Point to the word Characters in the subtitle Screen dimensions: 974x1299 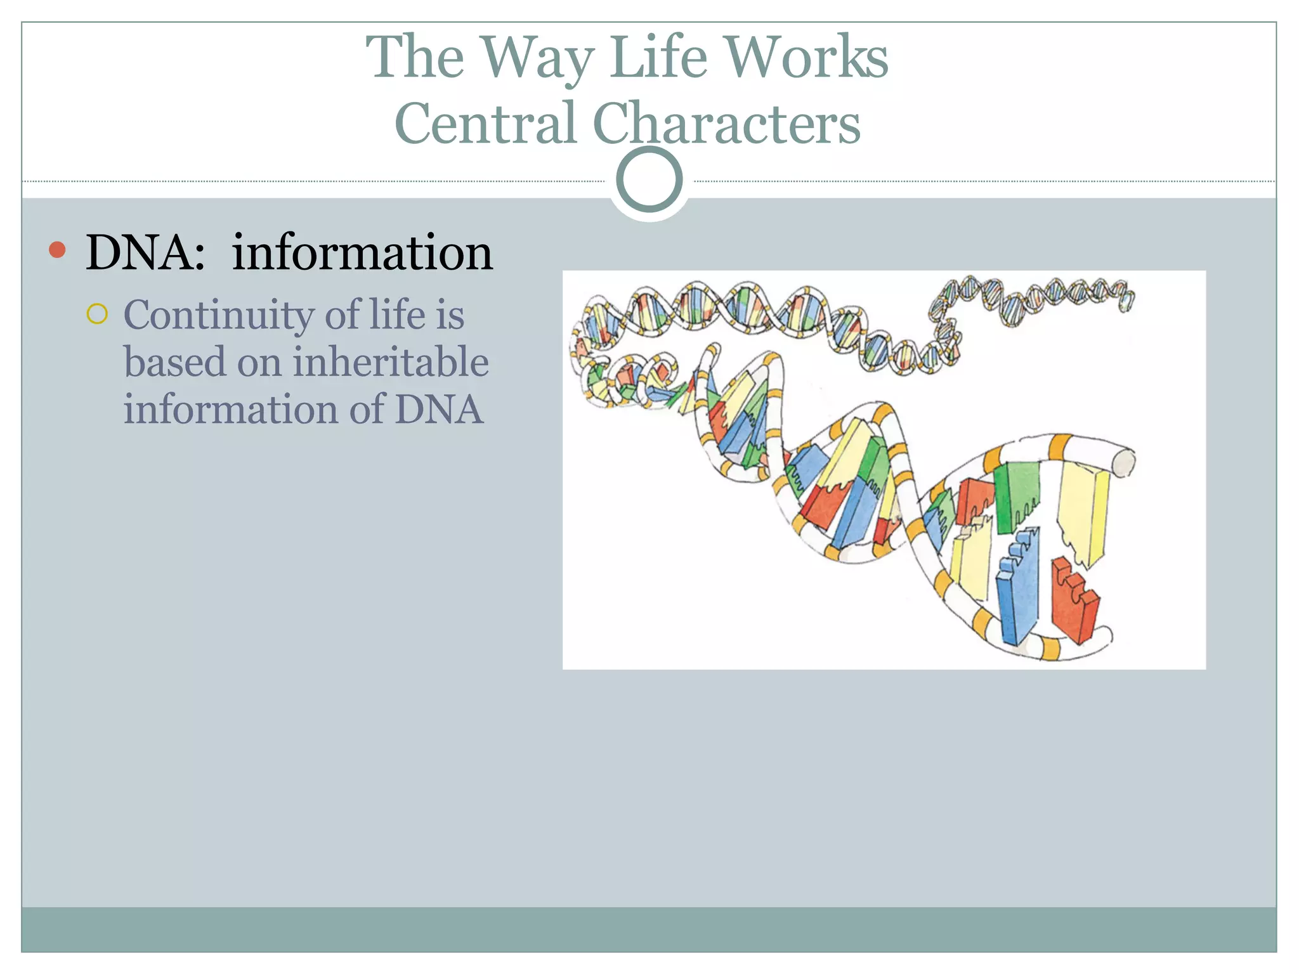[x=726, y=123]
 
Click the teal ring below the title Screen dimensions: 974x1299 [x=649, y=179]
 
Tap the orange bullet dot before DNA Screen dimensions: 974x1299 [x=57, y=250]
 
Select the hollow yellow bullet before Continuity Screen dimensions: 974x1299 [x=97, y=314]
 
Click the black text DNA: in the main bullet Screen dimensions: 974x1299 [x=145, y=252]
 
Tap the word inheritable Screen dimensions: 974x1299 [x=391, y=362]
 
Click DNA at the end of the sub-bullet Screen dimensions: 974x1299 [x=439, y=410]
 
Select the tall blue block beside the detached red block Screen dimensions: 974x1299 [x=1017, y=587]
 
